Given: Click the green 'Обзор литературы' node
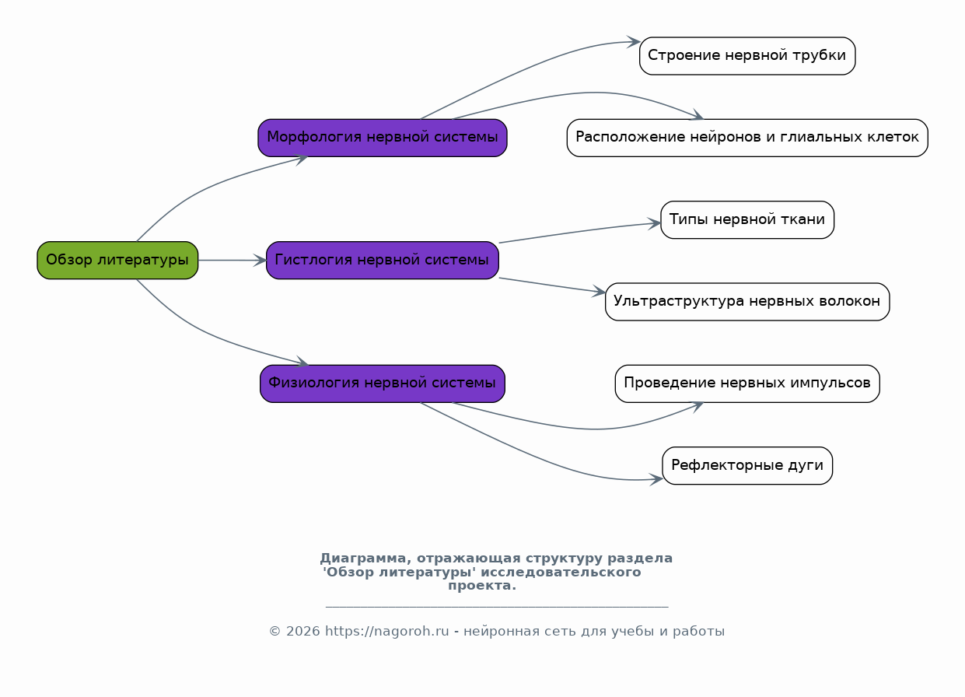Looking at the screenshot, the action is (x=117, y=261).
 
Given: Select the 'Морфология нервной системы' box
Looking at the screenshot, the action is (x=383, y=138).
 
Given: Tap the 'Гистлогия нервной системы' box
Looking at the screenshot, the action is (x=383, y=261).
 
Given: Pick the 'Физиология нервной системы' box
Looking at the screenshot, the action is (x=383, y=384).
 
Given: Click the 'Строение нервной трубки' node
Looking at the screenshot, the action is (x=747, y=56).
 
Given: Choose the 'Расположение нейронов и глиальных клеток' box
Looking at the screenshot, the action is (x=747, y=138).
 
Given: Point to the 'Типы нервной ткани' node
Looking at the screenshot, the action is (x=747, y=220).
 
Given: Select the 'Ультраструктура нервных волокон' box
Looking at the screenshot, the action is (x=747, y=302).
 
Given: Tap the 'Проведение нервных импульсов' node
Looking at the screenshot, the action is (x=747, y=384).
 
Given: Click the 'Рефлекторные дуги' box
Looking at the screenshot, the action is (x=747, y=465).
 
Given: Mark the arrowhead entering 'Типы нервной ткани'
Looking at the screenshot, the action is (x=655, y=224).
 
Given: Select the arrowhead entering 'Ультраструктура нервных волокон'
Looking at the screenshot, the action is (x=600, y=292).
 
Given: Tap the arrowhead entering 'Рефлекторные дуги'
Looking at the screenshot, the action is (x=656, y=479).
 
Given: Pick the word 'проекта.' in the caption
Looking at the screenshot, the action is (x=482, y=586).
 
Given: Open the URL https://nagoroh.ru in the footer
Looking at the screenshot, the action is (x=387, y=632).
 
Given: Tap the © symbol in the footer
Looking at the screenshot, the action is (x=274, y=632).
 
